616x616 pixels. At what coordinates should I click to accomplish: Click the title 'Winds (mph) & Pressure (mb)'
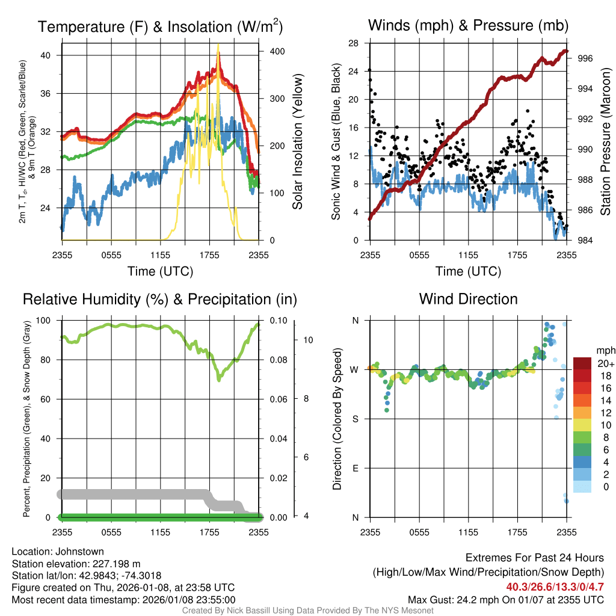pyautogui.click(x=468, y=26)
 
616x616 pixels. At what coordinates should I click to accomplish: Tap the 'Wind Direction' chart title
pyautogui.click(x=468, y=299)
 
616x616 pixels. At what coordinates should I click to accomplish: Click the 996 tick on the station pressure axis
pyautogui.click(x=581, y=58)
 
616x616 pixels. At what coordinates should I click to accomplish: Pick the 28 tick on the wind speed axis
pyautogui.click(x=354, y=43)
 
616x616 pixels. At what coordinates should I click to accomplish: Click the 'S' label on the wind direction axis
pyautogui.click(x=355, y=419)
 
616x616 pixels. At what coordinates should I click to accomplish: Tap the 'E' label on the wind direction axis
pyautogui.click(x=355, y=468)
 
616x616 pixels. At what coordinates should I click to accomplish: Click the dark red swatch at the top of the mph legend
pyautogui.click(x=582, y=363)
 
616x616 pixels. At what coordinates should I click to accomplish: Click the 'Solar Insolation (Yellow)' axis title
pyautogui.click(x=297, y=141)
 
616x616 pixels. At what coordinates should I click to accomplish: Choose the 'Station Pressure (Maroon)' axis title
pyautogui.click(x=605, y=141)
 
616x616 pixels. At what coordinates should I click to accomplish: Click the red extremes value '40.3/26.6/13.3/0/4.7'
pyautogui.click(x=555, y=587)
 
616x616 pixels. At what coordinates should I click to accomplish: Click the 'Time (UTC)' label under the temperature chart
pyautogui.click(x=160, y=271)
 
